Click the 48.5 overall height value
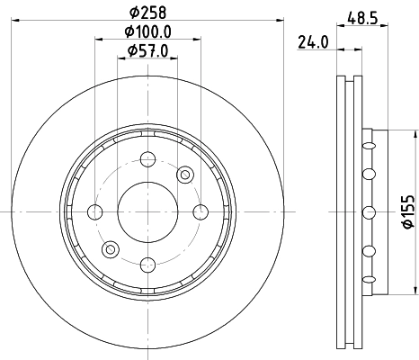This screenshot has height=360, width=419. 362,15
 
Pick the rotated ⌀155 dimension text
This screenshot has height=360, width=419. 406,211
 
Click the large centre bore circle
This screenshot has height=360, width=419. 145,211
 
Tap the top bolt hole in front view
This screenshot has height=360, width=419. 145,159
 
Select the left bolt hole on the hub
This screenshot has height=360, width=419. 94,211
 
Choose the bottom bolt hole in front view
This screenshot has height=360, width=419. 145,264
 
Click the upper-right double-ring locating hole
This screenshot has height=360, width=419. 185,174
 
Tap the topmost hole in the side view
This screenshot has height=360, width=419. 367,142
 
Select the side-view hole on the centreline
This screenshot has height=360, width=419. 367,211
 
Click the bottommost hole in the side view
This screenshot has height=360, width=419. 367,281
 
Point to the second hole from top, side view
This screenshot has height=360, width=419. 367,174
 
